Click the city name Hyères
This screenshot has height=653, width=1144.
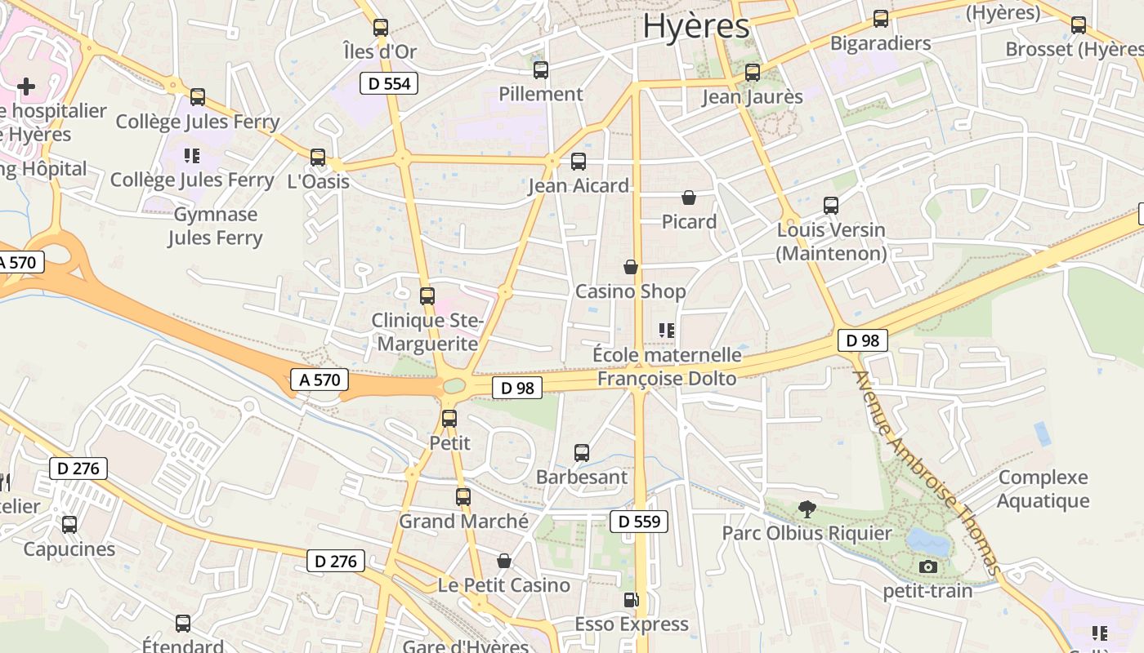695,26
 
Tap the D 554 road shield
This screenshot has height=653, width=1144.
389,82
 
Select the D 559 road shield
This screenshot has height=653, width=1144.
639,522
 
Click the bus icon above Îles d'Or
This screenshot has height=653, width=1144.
380,27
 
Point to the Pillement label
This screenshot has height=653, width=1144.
541,94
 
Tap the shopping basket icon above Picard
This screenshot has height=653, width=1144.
689,198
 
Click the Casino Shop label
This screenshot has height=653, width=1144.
631,291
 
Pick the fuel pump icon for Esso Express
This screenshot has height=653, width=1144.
631,601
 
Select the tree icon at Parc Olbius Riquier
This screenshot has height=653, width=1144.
807,509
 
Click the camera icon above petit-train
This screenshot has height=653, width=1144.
927,566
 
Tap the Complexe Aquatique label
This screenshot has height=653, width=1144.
1043,489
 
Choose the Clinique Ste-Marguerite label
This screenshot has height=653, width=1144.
427,332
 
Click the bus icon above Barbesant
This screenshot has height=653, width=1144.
582,452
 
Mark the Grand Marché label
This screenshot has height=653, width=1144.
463,521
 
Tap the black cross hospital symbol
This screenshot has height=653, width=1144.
26,86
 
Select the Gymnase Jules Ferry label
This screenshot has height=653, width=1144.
216,226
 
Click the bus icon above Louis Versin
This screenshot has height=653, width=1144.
831,205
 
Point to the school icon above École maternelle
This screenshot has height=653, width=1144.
667,331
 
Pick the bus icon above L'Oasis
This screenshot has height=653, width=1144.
318,157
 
